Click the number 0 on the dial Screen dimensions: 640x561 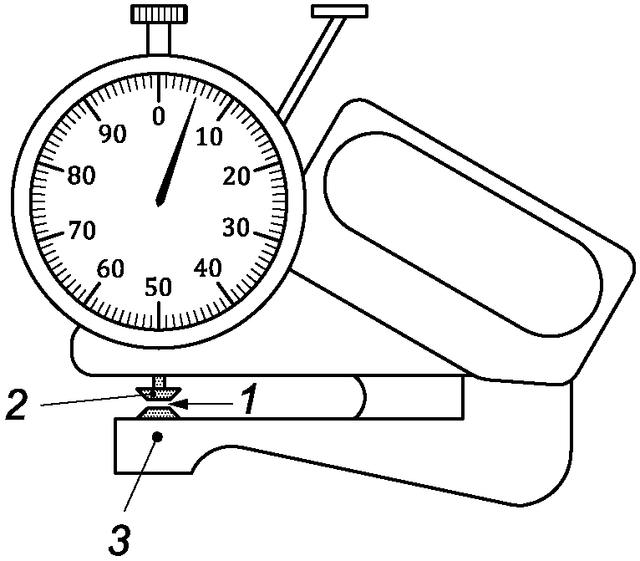pos(159,116)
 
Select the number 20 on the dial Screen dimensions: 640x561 pos(238,176)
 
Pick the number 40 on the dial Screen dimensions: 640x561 pos(209,268)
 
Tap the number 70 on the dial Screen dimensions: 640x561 pos(81,230)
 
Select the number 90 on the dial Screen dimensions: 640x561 pos(110,135)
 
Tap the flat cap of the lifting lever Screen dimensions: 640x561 pos(338,11)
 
